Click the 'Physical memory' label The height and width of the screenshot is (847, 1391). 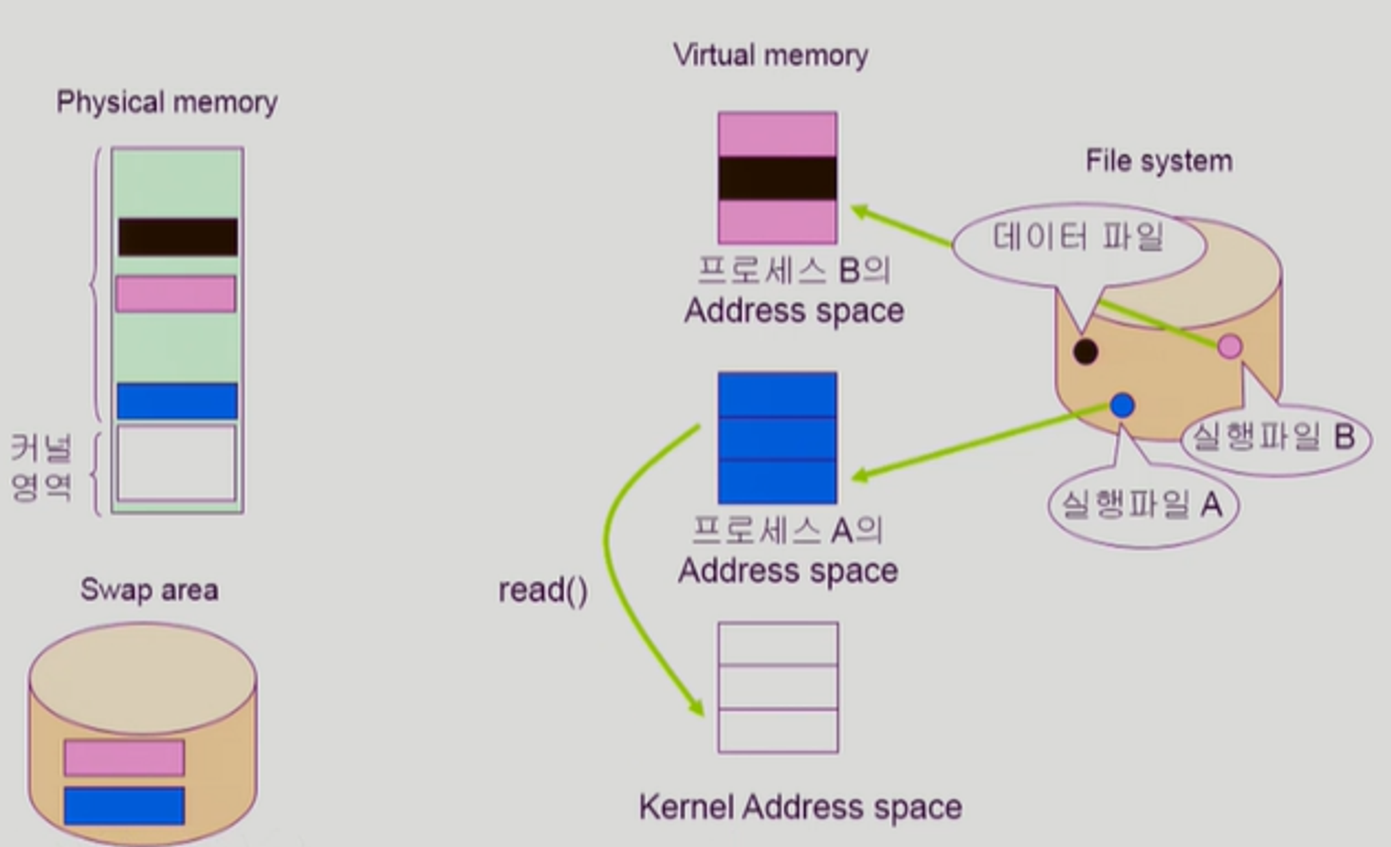pos(167,102)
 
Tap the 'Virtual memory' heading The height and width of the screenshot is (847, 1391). pos(770,55)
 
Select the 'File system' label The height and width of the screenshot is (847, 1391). pos(1159,161)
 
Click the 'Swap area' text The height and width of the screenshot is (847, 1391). pos(150,590)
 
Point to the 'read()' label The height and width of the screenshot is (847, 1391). pos(543,590)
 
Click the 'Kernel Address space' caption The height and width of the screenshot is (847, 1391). pos(801,807)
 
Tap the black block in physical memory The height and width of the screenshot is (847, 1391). pos(177,236)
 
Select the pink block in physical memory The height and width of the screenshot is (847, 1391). pos(176,293)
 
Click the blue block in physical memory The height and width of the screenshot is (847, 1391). pos(177,401)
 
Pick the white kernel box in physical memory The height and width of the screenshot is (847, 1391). pos(177,463)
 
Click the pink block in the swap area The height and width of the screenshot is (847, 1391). pos(124,757)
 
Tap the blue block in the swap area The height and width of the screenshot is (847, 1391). pos(124,805)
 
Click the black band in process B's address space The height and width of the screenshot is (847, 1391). pos(778,179)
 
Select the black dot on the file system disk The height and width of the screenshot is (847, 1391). pos(1085,351)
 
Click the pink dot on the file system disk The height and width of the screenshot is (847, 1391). pos(1230,346)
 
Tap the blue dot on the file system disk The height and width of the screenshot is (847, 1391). pos(1122,405)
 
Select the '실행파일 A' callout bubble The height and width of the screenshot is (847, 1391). pos(1142,504)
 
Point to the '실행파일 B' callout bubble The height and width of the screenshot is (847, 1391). pos(1274,437)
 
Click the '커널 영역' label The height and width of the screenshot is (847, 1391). pos(42,467)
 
